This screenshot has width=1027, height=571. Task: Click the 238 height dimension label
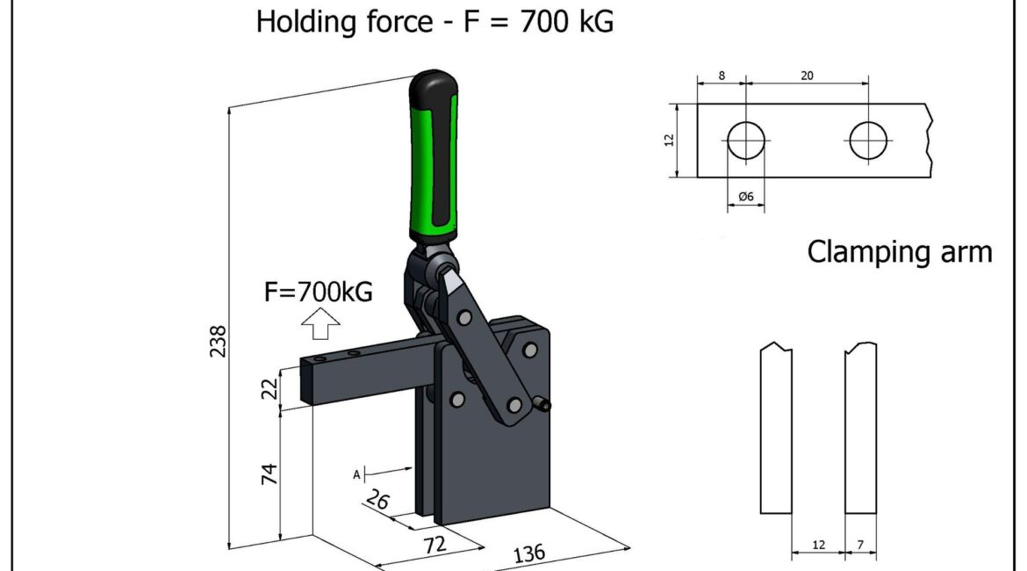[218, 341]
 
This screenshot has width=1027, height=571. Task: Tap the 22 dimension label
[269, 389]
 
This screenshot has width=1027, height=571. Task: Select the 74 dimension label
[269, 474]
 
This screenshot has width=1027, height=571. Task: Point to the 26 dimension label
[377, 500]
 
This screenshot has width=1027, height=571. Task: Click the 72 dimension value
[434, 544]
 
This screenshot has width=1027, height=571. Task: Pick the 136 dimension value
[528, 554]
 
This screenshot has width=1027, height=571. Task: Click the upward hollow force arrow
[320, 324]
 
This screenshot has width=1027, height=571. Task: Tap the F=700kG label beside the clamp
[319, 291]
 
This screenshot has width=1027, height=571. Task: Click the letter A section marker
[356, 474]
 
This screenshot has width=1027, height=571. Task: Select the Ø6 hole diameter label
[746, 196]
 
